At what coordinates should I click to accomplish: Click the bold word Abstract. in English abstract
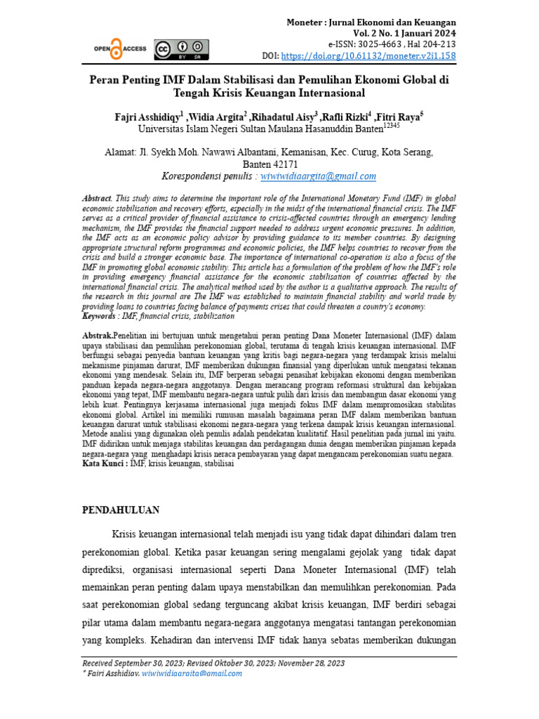(97, 199)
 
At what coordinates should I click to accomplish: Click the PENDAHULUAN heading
(121, 510)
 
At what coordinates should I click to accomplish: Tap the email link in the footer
(192, 673)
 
